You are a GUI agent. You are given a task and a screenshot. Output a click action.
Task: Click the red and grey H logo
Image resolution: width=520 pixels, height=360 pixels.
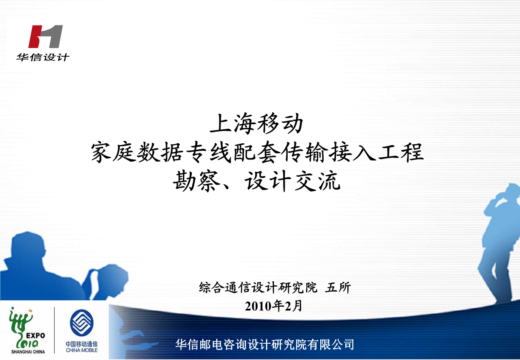point(46,37)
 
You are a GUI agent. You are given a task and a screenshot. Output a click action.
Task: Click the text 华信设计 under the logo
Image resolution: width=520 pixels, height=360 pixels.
point(43,57)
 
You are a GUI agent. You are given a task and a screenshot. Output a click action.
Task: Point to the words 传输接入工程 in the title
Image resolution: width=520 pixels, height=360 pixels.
point(351,153)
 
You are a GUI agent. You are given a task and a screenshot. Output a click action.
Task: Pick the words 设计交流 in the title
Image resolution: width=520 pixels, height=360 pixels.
point(293,182)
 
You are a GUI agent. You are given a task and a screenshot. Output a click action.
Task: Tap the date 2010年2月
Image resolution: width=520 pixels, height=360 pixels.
point(274,306)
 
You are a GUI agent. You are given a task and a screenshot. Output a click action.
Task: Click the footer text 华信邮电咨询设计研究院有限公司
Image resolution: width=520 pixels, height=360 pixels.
point(265,345)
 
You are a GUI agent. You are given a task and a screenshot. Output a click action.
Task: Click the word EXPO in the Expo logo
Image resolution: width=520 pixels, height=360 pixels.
point(35,335)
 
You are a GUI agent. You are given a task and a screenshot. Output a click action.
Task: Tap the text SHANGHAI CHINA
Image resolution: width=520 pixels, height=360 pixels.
point(28,352)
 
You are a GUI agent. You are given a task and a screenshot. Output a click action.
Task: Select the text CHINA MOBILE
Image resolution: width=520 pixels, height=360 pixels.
point(82,350)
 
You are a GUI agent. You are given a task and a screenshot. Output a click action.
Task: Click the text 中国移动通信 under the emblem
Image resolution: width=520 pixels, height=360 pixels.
point(82,345)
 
